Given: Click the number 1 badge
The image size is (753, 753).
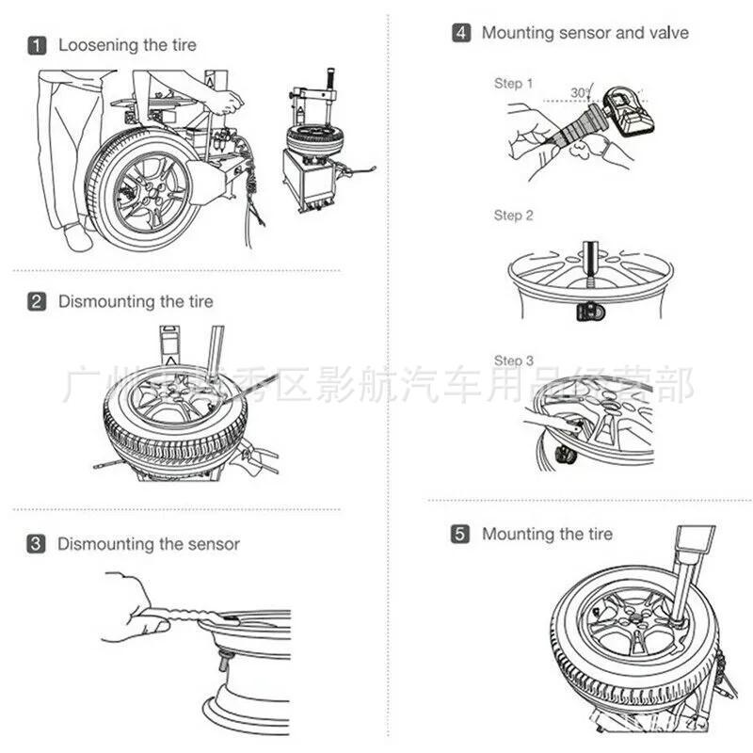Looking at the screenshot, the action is pos(36,45).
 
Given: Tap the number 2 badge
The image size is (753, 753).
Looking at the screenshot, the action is pos(36,302).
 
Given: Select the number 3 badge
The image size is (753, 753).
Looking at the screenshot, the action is pos(36,544).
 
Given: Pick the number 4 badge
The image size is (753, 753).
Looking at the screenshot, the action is pos(460,33).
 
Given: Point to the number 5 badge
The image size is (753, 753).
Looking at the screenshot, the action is pos(460,535).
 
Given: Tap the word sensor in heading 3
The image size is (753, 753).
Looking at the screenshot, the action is pos(213,544).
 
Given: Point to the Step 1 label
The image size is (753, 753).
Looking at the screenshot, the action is pos(514,84).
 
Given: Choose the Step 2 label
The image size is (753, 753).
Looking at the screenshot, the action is pos(514,216).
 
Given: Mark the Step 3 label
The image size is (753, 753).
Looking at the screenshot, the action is pos(514,360).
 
